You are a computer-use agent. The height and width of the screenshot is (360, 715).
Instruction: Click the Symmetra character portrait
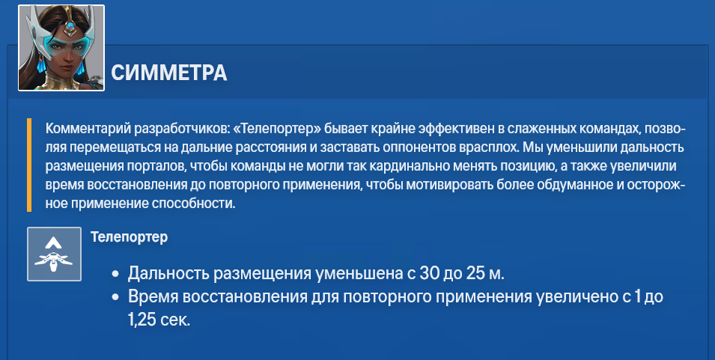coord(61,48)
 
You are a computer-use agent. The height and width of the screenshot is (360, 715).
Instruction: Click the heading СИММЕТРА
coord(168,73)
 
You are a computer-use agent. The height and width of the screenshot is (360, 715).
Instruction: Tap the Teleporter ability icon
coord(54,254)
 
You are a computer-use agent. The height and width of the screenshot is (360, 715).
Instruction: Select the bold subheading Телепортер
coord(129,237)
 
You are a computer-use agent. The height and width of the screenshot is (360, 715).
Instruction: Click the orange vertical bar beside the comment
coord(29,165)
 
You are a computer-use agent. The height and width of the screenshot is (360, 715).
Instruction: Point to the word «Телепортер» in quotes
coord(277,129)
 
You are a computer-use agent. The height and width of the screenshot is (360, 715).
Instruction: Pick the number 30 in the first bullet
coord(430,273)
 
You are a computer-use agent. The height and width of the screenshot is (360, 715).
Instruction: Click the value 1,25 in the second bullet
coord(142,320)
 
